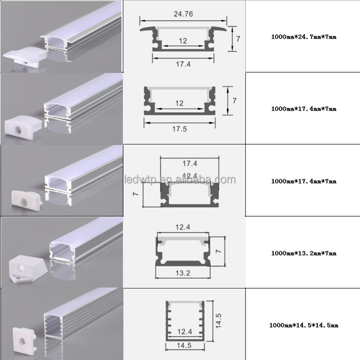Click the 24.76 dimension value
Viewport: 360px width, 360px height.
(183, 14)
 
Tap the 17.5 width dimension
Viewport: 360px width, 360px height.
(180, 129)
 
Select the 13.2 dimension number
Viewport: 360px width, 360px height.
(183, 273)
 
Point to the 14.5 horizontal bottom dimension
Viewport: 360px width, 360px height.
(184, 346)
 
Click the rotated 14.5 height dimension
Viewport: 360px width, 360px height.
(218, 321)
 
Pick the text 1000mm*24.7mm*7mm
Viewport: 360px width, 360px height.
(304, 37)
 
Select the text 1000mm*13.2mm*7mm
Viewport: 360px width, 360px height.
(304, 253)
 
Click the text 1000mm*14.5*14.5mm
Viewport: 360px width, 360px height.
(303, 325)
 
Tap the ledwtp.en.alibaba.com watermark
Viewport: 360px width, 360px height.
(180, 180)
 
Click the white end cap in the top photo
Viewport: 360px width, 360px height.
(25, 58)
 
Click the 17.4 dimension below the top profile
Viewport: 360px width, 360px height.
(183, 64)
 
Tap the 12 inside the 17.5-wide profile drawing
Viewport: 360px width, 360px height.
(179, 103)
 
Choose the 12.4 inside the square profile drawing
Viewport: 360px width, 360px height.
(184, 332)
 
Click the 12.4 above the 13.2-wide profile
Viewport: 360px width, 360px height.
(183, 227)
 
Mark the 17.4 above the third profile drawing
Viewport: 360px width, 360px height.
(189, 163)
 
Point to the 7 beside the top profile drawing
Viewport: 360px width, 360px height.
(238, 39)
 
